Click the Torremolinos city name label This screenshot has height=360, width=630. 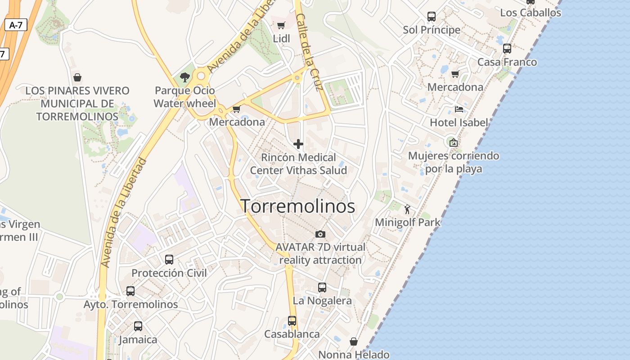[x=298, y=207]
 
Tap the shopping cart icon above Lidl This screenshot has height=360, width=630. [x=281, y=26]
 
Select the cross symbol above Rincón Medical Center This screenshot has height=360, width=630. [x=298, y=144]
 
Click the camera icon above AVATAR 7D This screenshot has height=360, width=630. [x=320, y=234]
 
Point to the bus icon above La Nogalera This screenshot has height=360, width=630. [x=322, y=287]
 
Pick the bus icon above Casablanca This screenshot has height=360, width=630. [x=292, y=321]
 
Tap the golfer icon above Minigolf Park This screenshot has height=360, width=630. [x=408, y=209]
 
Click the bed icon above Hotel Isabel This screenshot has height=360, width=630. [x=459, y=109]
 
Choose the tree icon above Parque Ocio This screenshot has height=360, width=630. [x=184, y=77]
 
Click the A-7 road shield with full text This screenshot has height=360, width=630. [x=16, y=25]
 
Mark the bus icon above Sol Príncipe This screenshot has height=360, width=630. [x=432, y=17]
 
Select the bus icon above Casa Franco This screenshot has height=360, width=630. [x=507, y=49]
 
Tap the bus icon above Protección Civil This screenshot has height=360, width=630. [x=169, y=260]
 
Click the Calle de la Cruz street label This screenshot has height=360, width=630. [x=310, y=52]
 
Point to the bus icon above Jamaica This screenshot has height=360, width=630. [x=138, y=326]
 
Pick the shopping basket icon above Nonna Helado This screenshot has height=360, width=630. [x=354, y=342]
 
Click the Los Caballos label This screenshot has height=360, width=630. [x=531, y=13]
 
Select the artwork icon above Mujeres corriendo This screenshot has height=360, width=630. [x=454, y=143]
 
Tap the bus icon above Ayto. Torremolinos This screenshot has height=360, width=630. [x=130, y=291]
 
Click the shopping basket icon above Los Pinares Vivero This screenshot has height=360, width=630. [x=77, y=77]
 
